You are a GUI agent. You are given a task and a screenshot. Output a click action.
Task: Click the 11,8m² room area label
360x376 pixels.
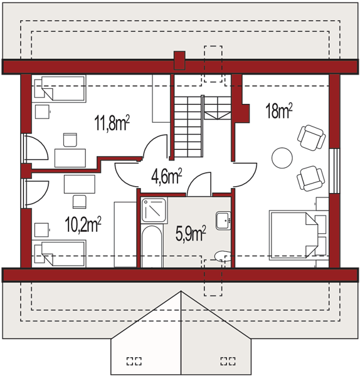(112, 123)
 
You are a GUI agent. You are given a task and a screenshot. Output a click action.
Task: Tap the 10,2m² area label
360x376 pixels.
(83, 224)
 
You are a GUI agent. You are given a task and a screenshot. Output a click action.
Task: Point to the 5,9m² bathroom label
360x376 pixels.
(191, 233)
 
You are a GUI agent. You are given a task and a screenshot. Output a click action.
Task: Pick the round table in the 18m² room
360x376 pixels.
(282, 158)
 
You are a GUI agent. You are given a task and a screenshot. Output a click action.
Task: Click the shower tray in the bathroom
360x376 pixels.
(154, 210)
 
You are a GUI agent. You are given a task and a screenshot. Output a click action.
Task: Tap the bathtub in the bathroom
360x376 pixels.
(151, 246)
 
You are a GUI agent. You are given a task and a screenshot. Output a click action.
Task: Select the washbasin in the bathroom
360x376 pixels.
(223, 221)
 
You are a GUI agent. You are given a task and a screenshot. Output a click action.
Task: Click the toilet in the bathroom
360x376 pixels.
(223, 256)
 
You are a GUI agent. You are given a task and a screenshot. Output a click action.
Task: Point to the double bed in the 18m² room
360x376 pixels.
(299, 235)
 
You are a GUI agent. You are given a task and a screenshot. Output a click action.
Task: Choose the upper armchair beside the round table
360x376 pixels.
(311, 138)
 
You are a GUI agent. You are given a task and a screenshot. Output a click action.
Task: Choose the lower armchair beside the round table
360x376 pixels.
(311, 179)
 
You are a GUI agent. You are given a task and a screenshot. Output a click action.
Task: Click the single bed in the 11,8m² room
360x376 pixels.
(59, 88)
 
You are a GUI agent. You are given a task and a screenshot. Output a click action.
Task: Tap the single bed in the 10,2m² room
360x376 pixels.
(59, 254)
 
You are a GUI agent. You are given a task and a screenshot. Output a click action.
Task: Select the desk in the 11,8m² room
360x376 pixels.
(70, 158)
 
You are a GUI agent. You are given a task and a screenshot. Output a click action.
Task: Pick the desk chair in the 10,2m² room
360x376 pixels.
(79, 202)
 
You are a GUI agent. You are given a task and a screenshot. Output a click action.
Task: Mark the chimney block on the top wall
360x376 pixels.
(179, 60)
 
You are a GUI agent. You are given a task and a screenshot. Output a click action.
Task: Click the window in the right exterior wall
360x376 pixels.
(334, 170)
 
